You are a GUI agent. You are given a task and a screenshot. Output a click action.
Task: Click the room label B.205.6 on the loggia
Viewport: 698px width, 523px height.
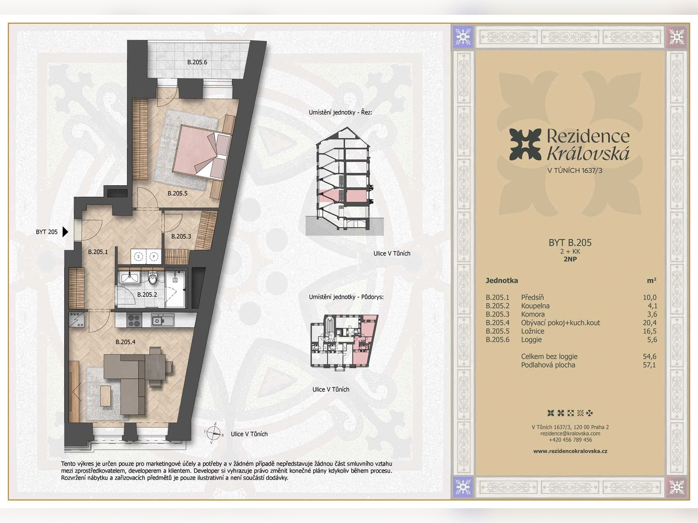pos(197,62)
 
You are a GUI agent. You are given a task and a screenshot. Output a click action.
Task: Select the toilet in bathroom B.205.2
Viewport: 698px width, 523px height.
pos(153,278)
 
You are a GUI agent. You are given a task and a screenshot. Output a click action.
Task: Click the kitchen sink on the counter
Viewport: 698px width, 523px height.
pos(162,320)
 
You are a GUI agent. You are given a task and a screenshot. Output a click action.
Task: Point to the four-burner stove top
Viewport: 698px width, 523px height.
pos(134,320)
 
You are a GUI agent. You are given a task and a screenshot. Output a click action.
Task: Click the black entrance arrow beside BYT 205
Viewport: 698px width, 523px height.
pos(65,232)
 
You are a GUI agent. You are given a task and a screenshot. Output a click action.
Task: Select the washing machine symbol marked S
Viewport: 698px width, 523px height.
pos(138,256)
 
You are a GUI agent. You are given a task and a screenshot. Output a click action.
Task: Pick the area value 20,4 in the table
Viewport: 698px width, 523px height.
pos(650,323)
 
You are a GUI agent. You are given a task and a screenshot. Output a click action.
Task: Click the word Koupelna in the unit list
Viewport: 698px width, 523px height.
pos(535,306)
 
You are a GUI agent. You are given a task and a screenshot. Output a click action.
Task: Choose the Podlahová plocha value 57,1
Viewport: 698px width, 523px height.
pos(649,365)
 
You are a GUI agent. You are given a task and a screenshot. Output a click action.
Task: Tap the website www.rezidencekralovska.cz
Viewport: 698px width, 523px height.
pos(570,451)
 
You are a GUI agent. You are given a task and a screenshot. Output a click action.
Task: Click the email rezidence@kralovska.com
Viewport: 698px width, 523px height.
pos(570,434)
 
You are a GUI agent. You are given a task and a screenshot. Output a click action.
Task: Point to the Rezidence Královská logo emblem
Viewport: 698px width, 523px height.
pos(525,145)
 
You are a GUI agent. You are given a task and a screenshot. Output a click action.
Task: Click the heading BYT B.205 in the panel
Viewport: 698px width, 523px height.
pos(570,243)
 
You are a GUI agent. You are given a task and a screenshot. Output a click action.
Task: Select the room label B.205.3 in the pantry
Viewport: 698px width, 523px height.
pos(181,236)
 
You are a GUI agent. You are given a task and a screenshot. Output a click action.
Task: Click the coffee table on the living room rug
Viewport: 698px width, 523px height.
pos(106,395)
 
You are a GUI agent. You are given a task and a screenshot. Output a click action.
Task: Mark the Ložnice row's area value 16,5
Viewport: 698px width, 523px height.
pos(650,331)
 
